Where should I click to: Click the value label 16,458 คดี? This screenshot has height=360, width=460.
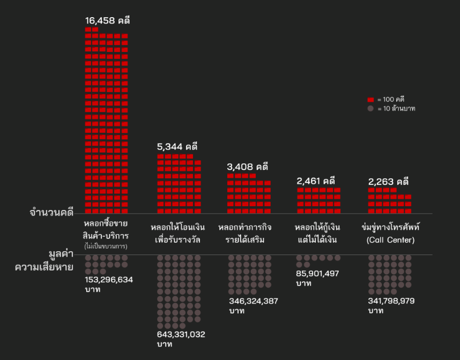[107, 21]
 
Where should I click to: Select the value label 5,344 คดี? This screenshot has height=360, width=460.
[177, 146]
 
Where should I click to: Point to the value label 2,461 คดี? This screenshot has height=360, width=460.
[316, 181]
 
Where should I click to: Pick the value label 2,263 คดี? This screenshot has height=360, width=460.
[388, 181]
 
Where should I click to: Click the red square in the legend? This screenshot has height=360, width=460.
[370, 100]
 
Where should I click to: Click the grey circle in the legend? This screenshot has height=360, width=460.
[370, 108]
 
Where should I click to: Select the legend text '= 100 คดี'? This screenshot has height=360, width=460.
[391, 100]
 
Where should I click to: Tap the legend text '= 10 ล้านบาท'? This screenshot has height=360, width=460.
[396, 108]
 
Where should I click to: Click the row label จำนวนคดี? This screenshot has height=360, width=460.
[51, 213]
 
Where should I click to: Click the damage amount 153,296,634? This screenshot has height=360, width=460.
[109, 280]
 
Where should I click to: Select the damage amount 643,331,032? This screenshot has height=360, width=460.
[181, 334]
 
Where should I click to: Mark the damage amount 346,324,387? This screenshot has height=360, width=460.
[253, 301]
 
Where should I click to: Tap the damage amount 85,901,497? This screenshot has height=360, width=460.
[317, 273]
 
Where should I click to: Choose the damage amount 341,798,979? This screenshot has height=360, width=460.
[391, 301]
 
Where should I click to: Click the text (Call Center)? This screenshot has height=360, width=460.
[390, 240]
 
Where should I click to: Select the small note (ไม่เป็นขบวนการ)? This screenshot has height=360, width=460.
[106, 246]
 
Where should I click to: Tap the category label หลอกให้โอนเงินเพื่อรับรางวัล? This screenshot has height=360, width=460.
[177, 233]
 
